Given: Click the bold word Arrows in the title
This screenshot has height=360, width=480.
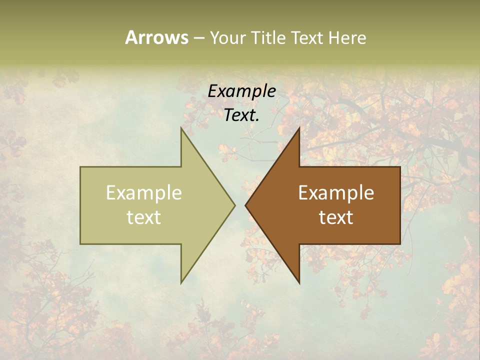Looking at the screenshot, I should click(156, 37).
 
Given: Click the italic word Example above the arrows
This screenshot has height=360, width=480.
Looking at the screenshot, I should click(241, 91).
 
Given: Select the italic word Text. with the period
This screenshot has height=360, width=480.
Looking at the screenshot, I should click(241, 115).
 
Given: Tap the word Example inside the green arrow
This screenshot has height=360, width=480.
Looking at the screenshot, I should click(144, 193).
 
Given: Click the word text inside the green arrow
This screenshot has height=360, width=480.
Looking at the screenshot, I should click(144, 217).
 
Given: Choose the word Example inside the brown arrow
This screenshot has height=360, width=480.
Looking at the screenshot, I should click(336, 193).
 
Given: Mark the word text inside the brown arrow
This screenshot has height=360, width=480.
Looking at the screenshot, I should click(336, 217).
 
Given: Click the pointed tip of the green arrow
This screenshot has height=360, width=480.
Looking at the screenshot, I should click(234, 205).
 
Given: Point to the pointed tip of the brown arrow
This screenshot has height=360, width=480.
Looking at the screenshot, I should click(245, 205).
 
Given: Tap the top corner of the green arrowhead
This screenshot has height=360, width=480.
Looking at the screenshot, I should click(181, 128).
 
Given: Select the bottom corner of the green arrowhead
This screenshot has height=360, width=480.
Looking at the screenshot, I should click(181, 282).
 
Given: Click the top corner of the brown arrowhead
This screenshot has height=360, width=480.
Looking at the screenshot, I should click(299, 128).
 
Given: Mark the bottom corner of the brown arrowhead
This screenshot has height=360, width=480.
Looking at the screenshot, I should click(299, 282).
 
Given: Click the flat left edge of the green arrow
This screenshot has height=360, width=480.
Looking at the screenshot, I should click(80, 205).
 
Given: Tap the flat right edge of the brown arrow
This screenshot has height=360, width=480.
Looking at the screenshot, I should click(400, 205).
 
